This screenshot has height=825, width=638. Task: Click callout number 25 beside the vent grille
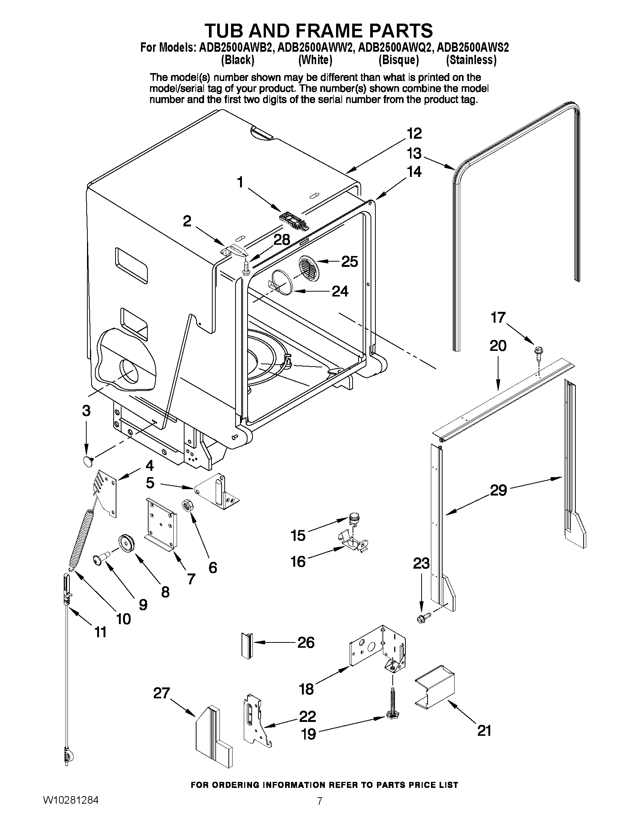(349, 261)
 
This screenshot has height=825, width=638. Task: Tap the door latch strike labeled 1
(293, 220)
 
